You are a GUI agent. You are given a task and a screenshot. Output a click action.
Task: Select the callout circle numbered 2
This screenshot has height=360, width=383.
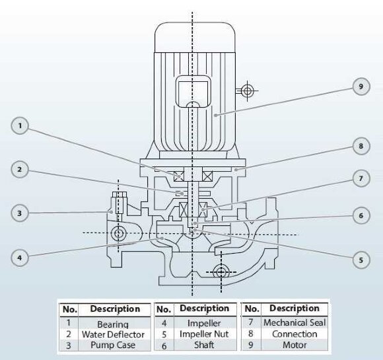[x=22, y=170]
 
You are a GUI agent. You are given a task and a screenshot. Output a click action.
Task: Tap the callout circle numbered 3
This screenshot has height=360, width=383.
[x=22, y=213]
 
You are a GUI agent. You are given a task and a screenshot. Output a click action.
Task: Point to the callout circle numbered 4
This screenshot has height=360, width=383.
[x=22, y=257]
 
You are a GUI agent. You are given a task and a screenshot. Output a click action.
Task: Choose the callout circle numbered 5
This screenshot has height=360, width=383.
[x=361, y=260]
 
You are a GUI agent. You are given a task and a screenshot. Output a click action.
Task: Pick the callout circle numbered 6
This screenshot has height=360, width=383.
[x=361, y=215]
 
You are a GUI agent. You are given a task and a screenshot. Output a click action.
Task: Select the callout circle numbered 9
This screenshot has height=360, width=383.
[x=361, y=87]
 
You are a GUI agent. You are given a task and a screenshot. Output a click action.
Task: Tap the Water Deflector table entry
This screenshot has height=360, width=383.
[x=112, y=334]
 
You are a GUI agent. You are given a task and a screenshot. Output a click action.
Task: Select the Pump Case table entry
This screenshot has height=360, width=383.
[x=112, y=345]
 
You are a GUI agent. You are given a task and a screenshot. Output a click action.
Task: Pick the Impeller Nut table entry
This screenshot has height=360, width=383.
[x=205, y=334]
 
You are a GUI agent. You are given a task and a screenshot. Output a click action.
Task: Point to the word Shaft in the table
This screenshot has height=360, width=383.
[x=205, y=345]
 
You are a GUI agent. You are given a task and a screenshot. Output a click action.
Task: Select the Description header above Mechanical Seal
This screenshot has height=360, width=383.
[x=295, y=308]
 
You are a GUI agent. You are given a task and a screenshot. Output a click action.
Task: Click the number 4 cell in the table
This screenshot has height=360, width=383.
[x=164, y=323]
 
